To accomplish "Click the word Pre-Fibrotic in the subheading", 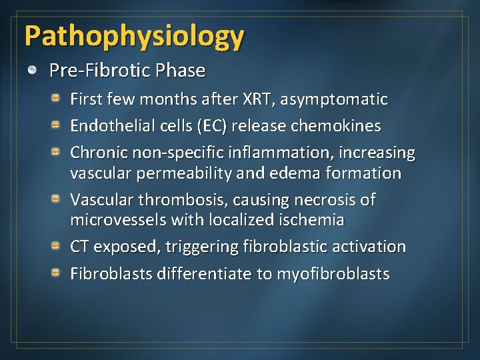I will (x=101, y=71).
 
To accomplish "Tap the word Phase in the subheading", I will (x=182, y=71).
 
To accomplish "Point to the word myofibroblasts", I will (x=333, y=274).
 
